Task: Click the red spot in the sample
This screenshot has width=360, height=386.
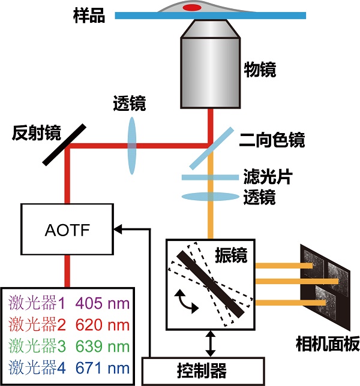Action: pyautogui.click(x=192, y=8)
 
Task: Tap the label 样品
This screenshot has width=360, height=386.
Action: pyautogui.click(x=92, y=16)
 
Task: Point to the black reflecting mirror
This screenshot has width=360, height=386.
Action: pyautogui.click(x=64, y=144)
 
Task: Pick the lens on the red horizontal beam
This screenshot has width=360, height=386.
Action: pyautogui.click(x=133, y=144)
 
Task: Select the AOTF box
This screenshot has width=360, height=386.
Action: pyautogui.click(x=67, y=228)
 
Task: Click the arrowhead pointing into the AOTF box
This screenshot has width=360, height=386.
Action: pyautogui.click(x=118, y=228)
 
